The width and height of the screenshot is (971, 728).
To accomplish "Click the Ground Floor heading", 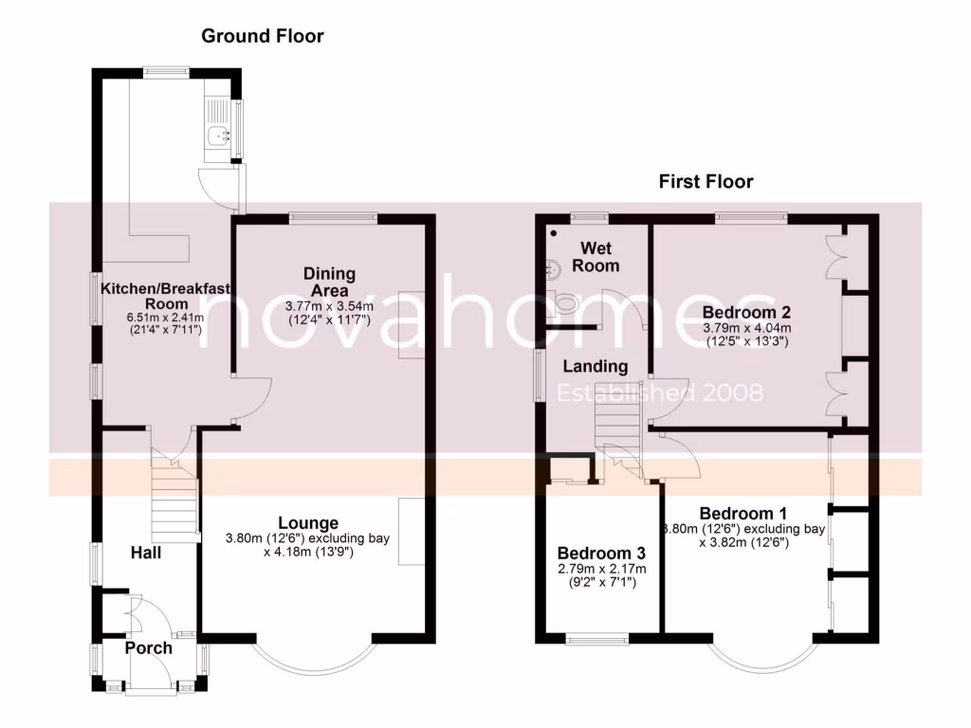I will [x=263, y=37].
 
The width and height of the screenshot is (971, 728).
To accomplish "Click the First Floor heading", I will [x=705, y=181].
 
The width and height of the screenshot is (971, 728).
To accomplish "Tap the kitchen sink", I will [x=221, y=136].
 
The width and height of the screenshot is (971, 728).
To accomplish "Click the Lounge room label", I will [x=308, y=522].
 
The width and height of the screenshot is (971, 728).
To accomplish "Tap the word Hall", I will [x=147, y=551].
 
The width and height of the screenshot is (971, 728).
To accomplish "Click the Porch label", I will [x=148, y=648].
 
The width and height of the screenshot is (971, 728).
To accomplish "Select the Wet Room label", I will [x=598, y=257].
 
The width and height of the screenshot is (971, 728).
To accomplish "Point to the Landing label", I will [x=595, y=366].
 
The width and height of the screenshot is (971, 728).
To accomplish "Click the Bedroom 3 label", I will [x=601, y=554].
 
